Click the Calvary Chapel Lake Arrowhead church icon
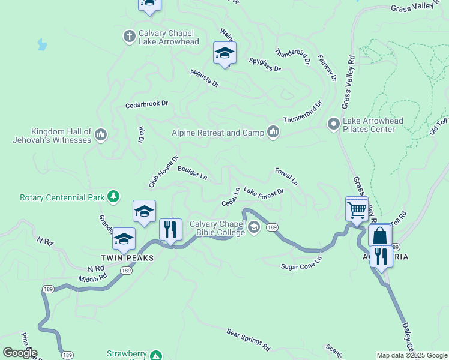[129, 37]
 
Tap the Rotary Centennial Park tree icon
[113, 197]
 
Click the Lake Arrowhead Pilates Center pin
[333, 125]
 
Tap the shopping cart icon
[357, 211]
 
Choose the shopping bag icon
[380, 236]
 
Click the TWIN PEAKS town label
[127, 257]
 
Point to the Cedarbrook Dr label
[146, 104]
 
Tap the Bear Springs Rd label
[248, 340]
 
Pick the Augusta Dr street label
[204, 78]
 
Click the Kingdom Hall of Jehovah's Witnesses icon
[100, 134]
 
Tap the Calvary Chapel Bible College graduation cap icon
[254, 227]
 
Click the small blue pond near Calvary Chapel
[41, 44]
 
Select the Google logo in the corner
[20, 353]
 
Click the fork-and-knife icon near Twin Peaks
[170, 229]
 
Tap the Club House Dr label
[164, 172]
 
